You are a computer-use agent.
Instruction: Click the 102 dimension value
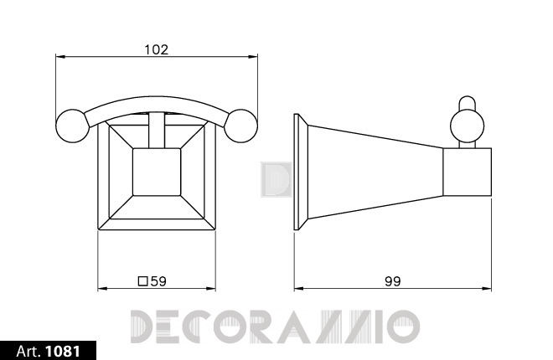tap(157, 49)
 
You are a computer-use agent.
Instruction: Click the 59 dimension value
tap(158, 281)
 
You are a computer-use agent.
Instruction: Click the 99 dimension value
tap(392, 281)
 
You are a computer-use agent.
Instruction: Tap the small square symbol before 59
tap(142, 281)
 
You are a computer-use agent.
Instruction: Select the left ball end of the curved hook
tap(72, 126)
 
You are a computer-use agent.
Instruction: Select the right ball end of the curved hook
tap(241, 126)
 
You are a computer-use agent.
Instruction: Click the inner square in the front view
tap(157, 172)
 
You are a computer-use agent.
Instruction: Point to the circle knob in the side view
tap(467, 126)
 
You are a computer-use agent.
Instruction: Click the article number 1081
tap(63, 351)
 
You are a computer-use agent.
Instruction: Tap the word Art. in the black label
tap(29, 351)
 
